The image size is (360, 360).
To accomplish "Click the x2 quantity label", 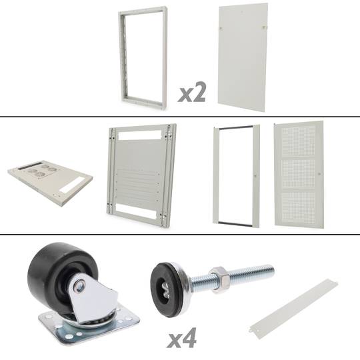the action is pos(192,92).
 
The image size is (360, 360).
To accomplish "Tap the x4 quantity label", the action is pos(182,338).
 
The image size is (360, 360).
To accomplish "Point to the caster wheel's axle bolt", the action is pos(80,285).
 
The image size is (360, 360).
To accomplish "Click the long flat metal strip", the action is pos(293,309).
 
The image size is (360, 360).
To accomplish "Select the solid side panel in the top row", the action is pos(243,57).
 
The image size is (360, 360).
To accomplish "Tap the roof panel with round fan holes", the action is pos(50,183).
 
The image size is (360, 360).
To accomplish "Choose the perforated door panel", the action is pos(299,175).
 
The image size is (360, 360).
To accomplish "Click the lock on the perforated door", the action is pos(319,174).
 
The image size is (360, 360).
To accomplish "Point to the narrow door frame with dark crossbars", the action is pos(216,175).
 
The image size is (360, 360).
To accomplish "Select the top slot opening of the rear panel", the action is pos(140,135).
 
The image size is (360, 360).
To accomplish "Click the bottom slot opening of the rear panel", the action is pos(135,211).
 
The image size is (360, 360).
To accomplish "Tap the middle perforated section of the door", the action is pos(298,175).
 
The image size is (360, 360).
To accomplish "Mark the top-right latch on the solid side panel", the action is pos(264,27).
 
